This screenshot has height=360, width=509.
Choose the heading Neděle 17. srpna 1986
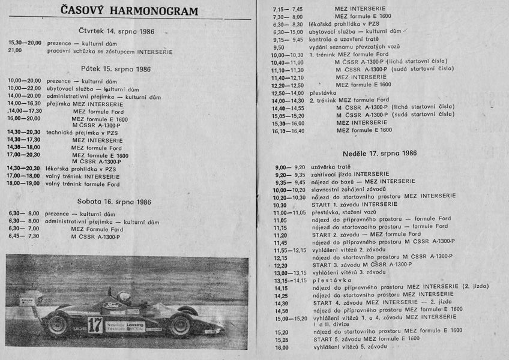[x=380, y=153]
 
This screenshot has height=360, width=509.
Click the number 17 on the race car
[x=94, y=325]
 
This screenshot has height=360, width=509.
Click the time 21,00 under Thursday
[x=15, y=52]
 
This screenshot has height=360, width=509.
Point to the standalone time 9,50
[x=279, y=47]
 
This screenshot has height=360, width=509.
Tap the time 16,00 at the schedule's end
[x=282, y=347]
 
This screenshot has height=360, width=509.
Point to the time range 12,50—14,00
[x=288, y=93]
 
